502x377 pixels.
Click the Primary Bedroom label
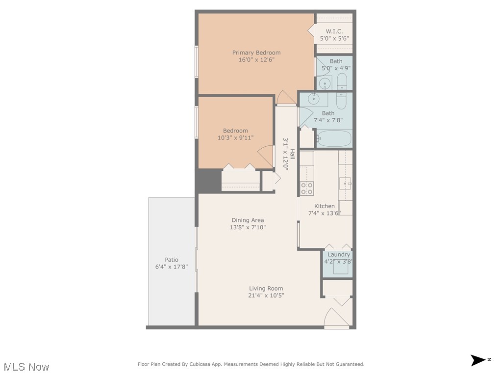click(256, 53)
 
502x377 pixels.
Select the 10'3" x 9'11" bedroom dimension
click(235, 138)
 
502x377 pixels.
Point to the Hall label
click(293, 154)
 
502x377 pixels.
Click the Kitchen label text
click(324, 206)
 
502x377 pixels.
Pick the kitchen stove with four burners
click(307, 188)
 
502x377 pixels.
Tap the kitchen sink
click(345, 184)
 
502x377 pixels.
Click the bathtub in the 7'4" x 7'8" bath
click(334, 138)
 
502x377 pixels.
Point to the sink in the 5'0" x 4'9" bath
click(324, 83)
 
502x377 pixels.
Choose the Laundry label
click(338, 255)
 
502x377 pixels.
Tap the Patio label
click(171, 260)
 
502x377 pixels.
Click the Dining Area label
click(248, 220)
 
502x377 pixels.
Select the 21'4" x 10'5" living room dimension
click(266, 296)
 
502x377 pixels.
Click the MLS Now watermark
click(26, 367)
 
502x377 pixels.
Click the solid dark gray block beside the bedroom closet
click(209, 180)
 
